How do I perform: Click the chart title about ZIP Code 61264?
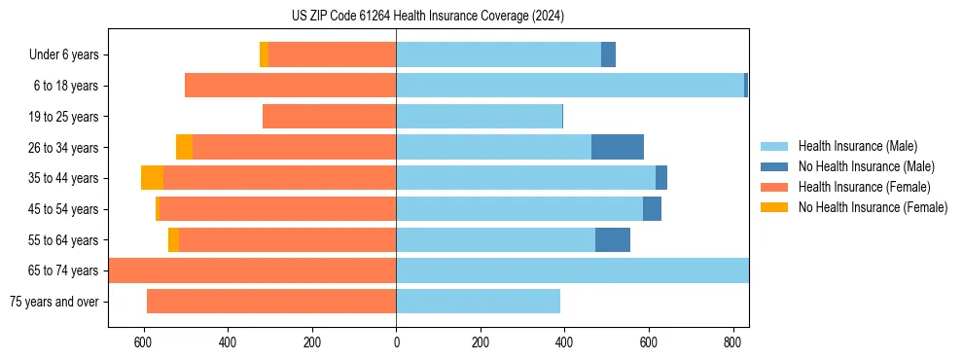click(x=428, y=16)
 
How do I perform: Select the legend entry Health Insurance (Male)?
click(x=857, y=146)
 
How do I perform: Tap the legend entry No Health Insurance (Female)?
click(x=873, y=207)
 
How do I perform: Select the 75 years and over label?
click(x=53, y=302)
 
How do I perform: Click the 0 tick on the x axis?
click(x=396, y=343)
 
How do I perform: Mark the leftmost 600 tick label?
click(x=143, y=343)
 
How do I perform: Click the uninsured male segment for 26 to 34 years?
click(x=618, y=147)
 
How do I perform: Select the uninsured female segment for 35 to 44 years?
click(x=152, y=178)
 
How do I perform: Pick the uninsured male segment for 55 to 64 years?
click(x=613, y=239)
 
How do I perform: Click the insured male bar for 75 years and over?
click(x=478, y=302)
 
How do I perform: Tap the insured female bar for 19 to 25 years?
click(x=329, y=117)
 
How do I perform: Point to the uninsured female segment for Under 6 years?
click(x=264, y=55)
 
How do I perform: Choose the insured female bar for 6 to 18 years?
click(x=290, y=86)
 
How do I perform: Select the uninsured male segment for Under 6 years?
click(x=608, y=55)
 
